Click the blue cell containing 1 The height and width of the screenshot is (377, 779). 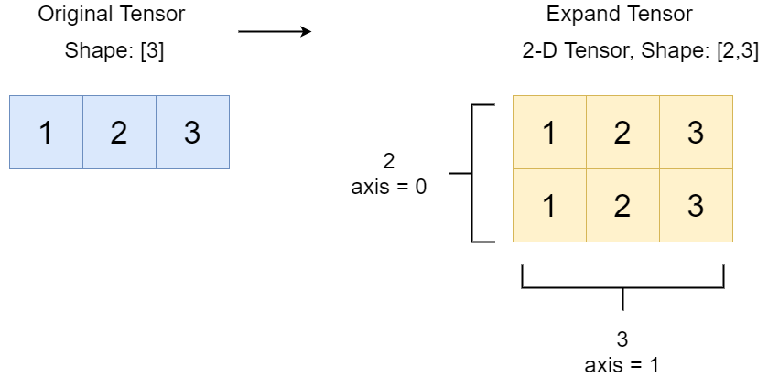point(46,133)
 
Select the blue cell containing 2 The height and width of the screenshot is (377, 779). point(119,133)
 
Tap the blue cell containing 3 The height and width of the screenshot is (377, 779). point(192,133)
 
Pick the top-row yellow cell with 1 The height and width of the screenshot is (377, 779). point(549,133)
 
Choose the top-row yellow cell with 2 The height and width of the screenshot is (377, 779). point(622,133)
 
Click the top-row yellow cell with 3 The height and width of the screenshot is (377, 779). point(696,133)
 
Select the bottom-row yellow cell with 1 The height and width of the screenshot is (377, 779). point(549,206)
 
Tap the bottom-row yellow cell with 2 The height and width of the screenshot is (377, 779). point(622,206)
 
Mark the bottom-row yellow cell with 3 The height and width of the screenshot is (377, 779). point(696,206)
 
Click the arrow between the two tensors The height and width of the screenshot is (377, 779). point(275,32)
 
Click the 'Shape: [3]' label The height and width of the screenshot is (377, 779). point(114,51)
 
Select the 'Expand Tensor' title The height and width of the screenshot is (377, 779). point(620,15)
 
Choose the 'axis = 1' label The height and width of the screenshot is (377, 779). point(622,364)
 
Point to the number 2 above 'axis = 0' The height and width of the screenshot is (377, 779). point(389,162)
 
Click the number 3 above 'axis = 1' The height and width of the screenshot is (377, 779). point(622,339)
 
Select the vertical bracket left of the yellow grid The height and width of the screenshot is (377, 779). point(473,173)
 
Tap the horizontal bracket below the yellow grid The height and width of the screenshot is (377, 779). point(622,285)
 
